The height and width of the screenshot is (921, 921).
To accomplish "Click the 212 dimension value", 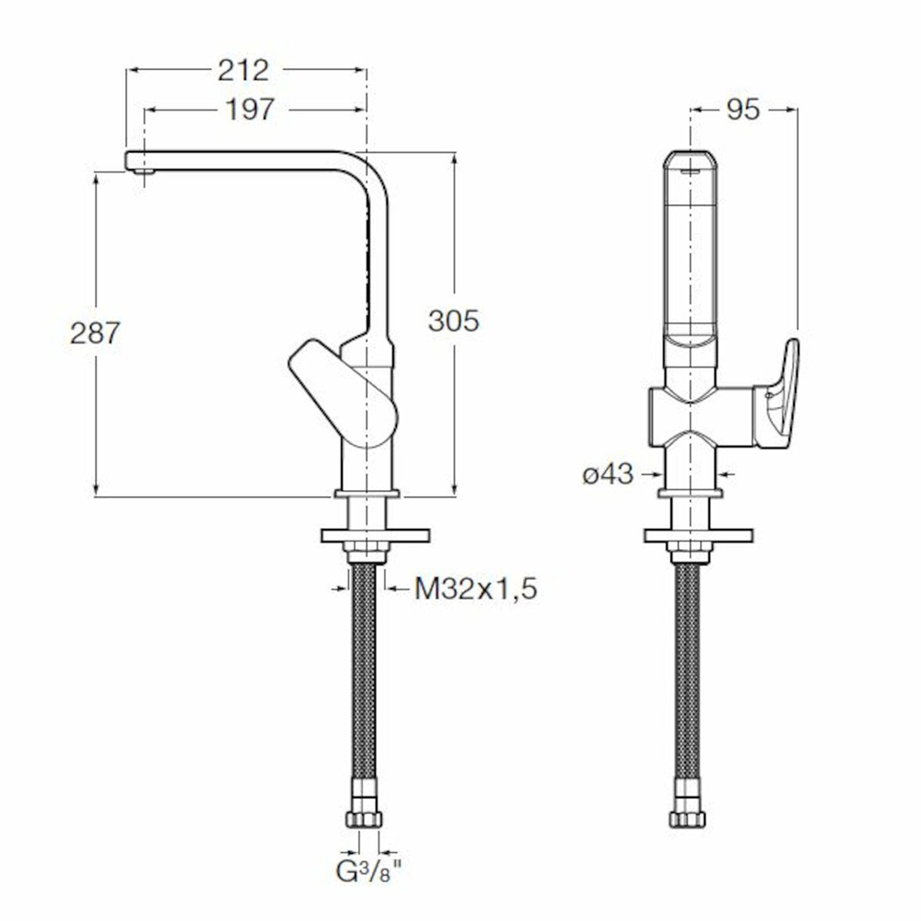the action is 243,71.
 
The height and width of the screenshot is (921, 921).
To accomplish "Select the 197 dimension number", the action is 251,110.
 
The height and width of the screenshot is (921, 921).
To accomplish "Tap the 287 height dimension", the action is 95,333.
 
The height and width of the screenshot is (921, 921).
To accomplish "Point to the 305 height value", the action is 453,321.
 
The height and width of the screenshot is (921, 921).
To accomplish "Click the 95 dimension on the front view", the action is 743,110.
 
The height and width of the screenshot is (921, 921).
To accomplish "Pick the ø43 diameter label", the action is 608,474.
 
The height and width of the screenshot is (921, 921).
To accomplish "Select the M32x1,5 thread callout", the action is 476,589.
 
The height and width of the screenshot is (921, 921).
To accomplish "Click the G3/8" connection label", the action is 369,871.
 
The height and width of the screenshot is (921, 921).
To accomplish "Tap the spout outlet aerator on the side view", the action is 144,171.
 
